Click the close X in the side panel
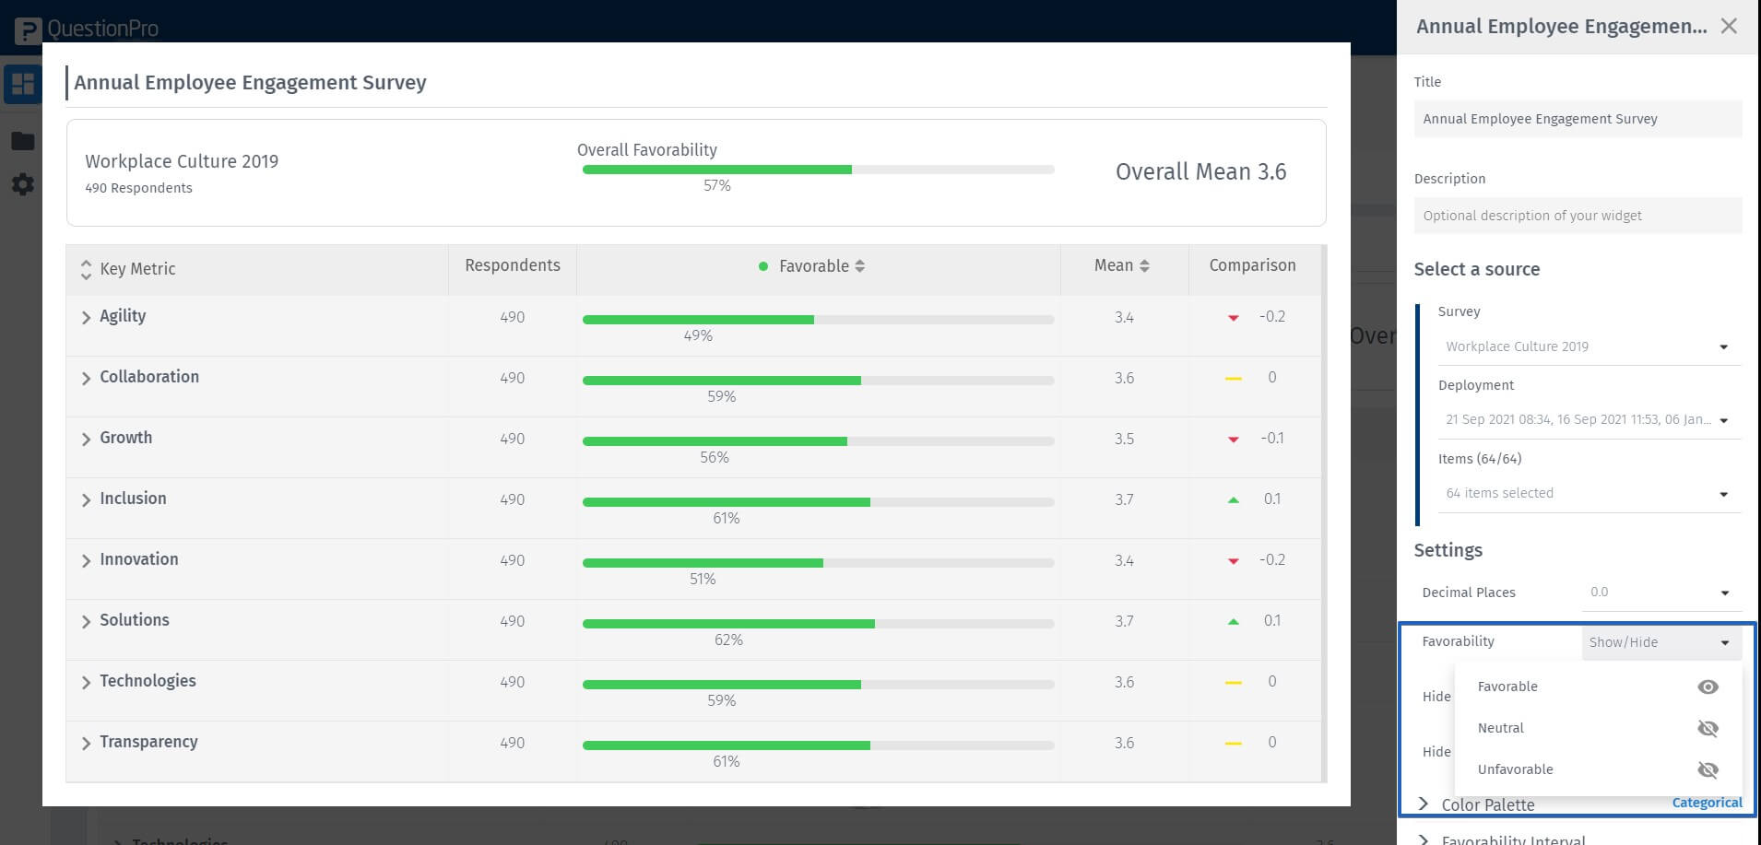click(1729, 27)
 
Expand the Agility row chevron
click(86, 318)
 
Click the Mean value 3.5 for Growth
click(1124, 439)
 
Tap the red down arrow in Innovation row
click(1234, 561)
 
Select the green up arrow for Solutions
click(1234, 622)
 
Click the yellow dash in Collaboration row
click(1234, 379)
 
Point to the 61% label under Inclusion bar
click(726, 519)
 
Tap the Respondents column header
click(512, 265)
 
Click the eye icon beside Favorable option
click(1708, 687)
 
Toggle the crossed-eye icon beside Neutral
click(1708, 729)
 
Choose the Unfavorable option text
click(1515, 769)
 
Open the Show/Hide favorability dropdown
click(1661, 642)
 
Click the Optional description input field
click(1578, 216)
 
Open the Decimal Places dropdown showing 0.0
click(1661, 593)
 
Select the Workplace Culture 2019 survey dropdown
click(1587, 347)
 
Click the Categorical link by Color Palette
click(1707, 803)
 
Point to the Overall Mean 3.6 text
click(1200, 172)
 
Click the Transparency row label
click(148, 742)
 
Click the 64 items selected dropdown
click(1587, 494)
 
